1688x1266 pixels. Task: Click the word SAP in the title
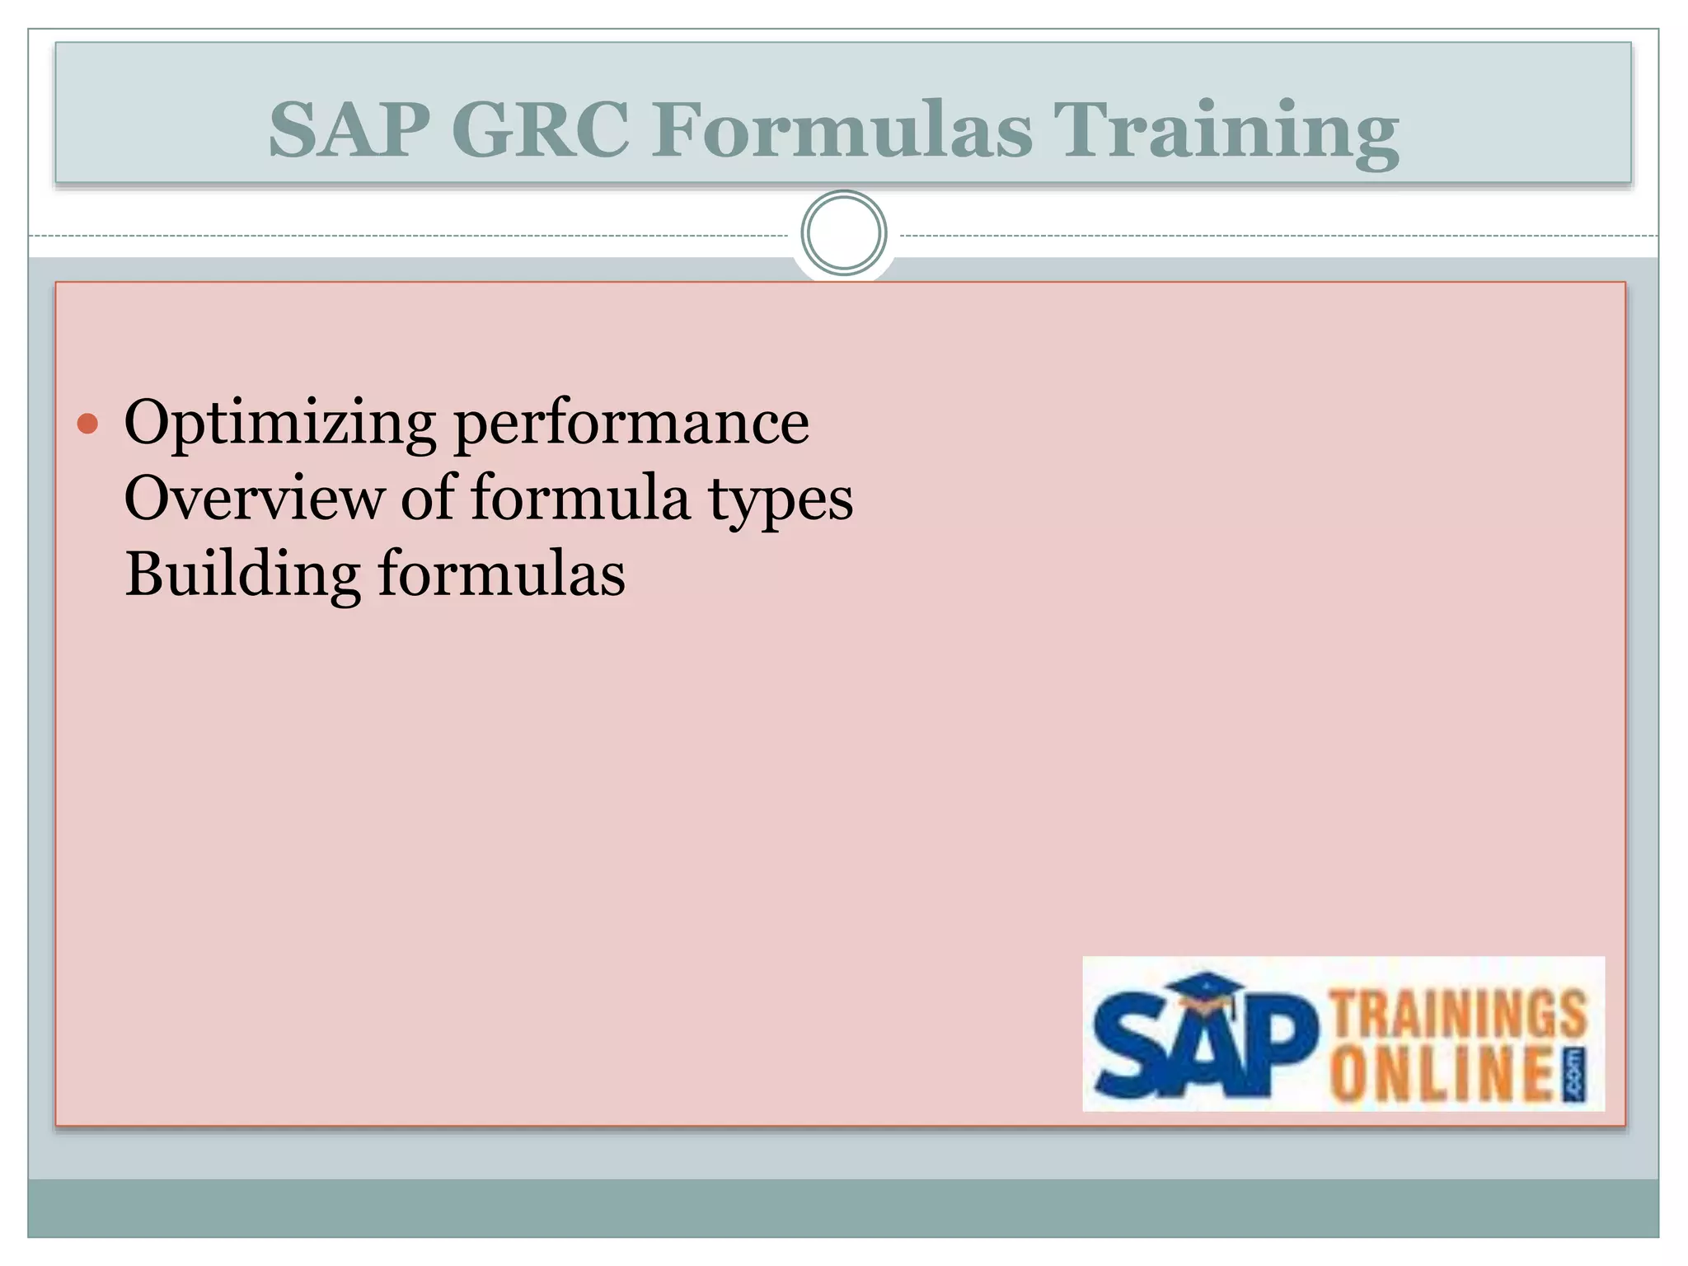[x=349, y=130]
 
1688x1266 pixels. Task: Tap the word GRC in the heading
[x=540, y=130]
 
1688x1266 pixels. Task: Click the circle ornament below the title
[x=844, y=233]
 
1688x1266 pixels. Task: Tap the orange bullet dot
[x=87, y=424]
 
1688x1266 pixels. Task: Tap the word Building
[x=242, y=574]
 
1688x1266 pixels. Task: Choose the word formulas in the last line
[x=502, y=574]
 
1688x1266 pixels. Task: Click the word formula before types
[x=580, y=499]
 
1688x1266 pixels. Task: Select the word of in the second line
[x=428, y=499]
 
